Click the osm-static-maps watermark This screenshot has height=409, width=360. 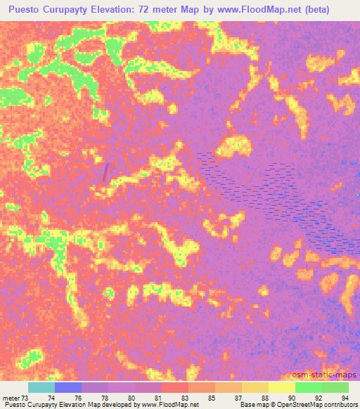tap(331, 375)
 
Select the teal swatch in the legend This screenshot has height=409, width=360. tap(41, 387)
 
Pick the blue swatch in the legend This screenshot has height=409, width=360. tap(68, 387)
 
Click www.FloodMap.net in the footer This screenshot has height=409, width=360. tap(169, 405)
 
